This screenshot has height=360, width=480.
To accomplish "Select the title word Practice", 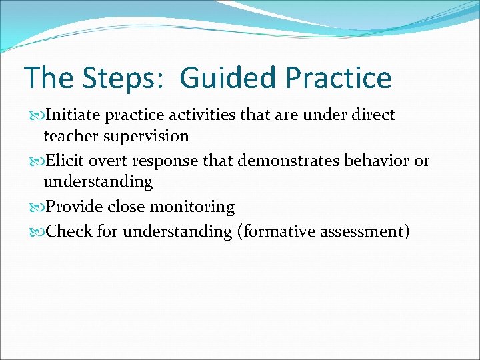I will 339,78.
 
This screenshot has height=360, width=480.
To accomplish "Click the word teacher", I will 69,136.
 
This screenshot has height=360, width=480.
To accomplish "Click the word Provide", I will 74,207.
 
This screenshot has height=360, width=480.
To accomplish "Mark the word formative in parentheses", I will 277,231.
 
